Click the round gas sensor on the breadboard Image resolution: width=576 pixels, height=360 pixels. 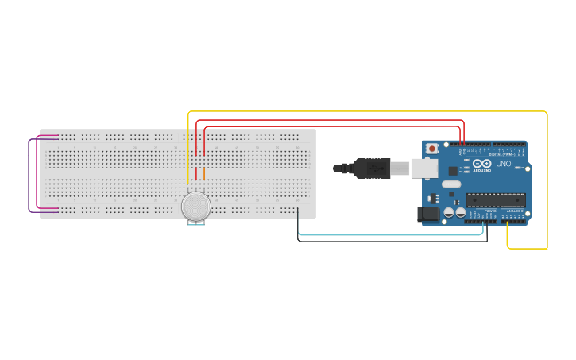pyautogui.click(x=195, y=206)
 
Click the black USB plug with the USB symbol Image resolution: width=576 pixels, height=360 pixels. pyautogui.click(x=372, y=168)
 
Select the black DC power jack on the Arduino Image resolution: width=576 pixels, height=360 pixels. pyautogui.click(x=428, y=214)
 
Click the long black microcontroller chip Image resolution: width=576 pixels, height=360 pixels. pyautogui.click(x=495, y=200)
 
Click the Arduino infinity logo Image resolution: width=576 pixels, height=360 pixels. pyautogui.click(x=481, y=164)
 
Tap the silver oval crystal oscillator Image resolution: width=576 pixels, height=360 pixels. pyautogui.click(x=451, y=184)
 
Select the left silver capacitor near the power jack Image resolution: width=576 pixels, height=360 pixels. pyautogui.click(x=449, y=212)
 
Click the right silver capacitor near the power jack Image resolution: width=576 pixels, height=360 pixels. pyautogui.click(x=461, y=212)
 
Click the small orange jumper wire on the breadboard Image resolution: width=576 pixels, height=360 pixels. pyautogui.click(x=204, y=173)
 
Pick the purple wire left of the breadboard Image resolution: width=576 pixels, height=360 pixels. pyautogui.click(x=29, y=175)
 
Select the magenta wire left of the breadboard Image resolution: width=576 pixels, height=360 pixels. pyautogui.click(x=38, y=175)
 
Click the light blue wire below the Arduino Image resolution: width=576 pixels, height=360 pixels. pyautogui.click(x=389, y=235)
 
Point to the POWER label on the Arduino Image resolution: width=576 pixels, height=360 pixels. pyautogui.click(x=490, y=211)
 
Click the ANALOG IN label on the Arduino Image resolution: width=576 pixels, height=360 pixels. pyautogui.click(x=515, y=211)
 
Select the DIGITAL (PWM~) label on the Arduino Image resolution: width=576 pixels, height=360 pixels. pyautogui.click(x=501, y=153)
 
